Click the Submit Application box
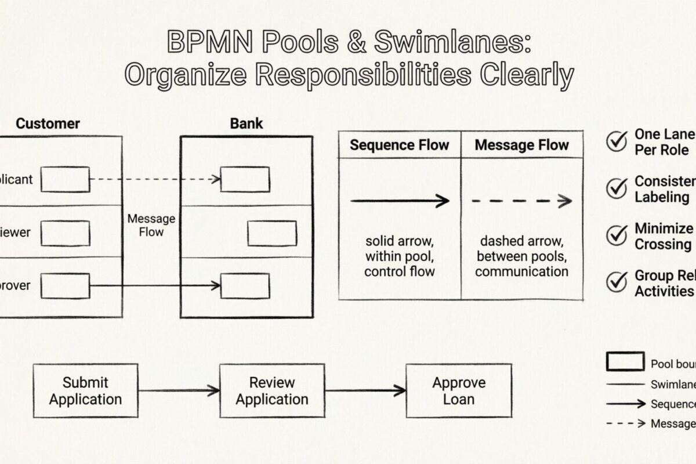85,390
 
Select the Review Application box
272,390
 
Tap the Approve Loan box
458,390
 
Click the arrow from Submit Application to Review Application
179,390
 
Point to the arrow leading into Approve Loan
365,390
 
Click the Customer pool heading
48,124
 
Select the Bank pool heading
246,124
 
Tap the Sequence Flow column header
400,145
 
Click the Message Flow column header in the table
521,145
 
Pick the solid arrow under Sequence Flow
400,201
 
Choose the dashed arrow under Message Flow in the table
521,201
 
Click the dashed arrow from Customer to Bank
155,179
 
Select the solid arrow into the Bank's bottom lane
155,285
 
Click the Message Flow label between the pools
151,225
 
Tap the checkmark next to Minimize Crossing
616,235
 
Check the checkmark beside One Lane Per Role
616,140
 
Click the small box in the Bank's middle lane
272,233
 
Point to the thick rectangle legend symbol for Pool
625,361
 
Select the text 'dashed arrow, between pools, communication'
521,256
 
